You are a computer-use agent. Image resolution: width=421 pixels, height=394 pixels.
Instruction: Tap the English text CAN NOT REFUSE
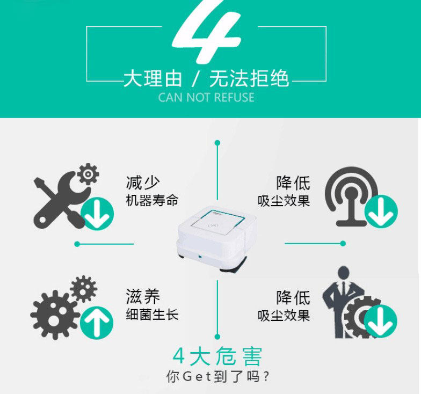[206, 97]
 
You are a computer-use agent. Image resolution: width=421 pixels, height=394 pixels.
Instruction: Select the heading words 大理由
[153, 78]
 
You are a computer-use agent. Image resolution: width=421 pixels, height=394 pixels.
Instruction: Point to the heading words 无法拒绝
[249, 78]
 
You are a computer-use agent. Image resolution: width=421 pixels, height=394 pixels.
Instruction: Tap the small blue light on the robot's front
[200, 257]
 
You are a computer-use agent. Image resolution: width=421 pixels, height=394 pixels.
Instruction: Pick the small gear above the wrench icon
[88, 174]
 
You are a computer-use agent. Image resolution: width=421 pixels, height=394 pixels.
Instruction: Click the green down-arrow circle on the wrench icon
[97, 214]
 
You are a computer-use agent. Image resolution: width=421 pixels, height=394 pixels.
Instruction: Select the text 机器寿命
[152, 200]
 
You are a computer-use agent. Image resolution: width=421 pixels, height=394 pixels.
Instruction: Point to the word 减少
[143, 183]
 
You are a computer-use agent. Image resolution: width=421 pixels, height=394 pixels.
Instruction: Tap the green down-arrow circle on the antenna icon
[381, 211]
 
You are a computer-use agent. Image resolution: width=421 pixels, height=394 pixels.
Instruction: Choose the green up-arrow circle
[97, 323]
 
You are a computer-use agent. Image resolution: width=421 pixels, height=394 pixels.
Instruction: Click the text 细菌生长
[152, 315]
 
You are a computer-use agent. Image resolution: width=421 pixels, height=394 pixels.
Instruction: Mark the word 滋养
[143, 296]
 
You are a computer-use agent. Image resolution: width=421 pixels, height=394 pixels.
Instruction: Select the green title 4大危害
[217, 356]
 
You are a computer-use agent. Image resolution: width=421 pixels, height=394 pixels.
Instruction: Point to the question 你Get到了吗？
[217, 376]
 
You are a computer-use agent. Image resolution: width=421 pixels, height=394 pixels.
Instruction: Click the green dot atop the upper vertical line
[217, 143]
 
